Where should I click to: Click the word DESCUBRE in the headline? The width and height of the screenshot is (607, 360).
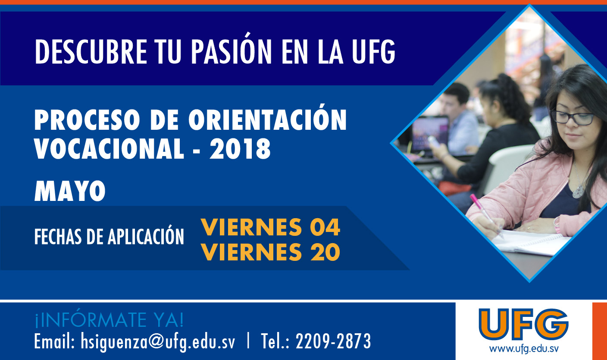pyautogui.click(x=91, y=51)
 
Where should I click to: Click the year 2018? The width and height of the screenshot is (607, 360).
pyautogui.click(x=240, y=149)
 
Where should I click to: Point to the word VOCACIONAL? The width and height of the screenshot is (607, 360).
pyautogui.click(x=109, y=149)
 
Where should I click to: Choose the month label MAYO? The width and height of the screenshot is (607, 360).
pyautogui.click(x=70, y=191)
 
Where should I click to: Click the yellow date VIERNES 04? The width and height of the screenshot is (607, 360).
pyautogui.click(x=270, y=227)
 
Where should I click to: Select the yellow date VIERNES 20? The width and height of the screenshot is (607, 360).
pyautogui.click(x=270, y=252)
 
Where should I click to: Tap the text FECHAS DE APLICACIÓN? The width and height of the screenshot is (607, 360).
pyautogui.click(x=109, y=236)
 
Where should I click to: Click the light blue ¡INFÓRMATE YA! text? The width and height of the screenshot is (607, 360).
pyautogui.click(x=109, y=320)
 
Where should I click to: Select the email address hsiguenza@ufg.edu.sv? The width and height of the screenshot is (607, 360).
pyautogui.click(x=158, y=341)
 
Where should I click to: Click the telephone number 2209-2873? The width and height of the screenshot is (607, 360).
pyautogui.click(x=333, y=341)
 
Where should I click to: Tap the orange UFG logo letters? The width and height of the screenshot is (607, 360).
pyautogui.click(x=523, y=324)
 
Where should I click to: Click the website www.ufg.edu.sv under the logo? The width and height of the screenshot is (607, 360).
pyautogui.click(x=524, y=349)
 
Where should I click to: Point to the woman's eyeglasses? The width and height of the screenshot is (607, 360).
pyautogui.click(x=573, y=118)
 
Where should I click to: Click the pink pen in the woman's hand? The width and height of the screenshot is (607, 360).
pyautogui.click(x=486, y=216)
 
